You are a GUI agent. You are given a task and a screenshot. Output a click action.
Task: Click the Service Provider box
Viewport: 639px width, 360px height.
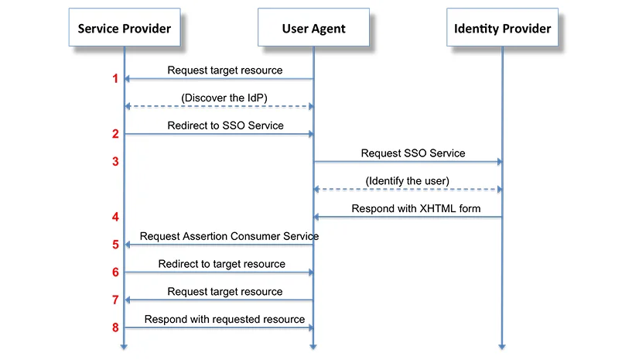[x=124, y=29]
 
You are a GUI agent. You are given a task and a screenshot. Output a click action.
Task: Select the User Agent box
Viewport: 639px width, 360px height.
[x=313, y=29]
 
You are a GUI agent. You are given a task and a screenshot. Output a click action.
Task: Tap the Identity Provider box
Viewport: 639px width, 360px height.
[x=502, y=29]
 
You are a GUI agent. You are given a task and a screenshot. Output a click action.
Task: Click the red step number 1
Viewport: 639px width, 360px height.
[x=115, y=79]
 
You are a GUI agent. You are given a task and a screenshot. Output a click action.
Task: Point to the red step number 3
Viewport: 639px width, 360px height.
[x=115, y=162]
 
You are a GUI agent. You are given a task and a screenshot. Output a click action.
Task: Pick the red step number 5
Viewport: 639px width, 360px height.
[x=115, y=245]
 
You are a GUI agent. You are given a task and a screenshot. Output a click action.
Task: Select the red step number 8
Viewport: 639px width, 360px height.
[x=115, y=327]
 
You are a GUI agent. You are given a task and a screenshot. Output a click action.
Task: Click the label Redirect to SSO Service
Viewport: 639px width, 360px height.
[x=225, y=125]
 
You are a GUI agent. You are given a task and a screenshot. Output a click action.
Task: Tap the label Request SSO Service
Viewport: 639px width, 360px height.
[x=413, y=153]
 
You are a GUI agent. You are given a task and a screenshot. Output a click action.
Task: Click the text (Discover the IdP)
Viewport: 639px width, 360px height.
[x=224, y=98]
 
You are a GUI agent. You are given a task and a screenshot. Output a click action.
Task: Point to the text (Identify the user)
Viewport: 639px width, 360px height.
[x=407, y=180]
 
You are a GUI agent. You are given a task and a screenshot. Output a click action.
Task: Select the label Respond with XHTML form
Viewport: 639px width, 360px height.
[x=415, y=208]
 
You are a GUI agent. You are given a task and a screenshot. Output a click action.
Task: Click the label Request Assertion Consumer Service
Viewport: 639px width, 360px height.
[x=229, y=235]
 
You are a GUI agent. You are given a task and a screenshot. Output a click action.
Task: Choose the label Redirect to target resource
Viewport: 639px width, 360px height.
[x=221, y=264]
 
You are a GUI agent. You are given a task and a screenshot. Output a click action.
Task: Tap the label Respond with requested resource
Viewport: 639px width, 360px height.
[x=224, y=319]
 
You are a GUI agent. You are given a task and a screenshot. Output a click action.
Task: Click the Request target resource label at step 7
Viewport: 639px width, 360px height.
[x=224, y=292]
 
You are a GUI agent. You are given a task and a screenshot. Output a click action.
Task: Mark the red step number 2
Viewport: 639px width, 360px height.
[x=115, y=134]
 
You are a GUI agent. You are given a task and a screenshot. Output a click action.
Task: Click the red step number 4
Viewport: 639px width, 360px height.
[x=115, y=217]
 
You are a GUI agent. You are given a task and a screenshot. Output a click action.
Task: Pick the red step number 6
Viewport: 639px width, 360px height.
[x=115, y=273]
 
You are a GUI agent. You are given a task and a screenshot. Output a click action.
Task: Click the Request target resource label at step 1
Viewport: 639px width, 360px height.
[x=224, y=70]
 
